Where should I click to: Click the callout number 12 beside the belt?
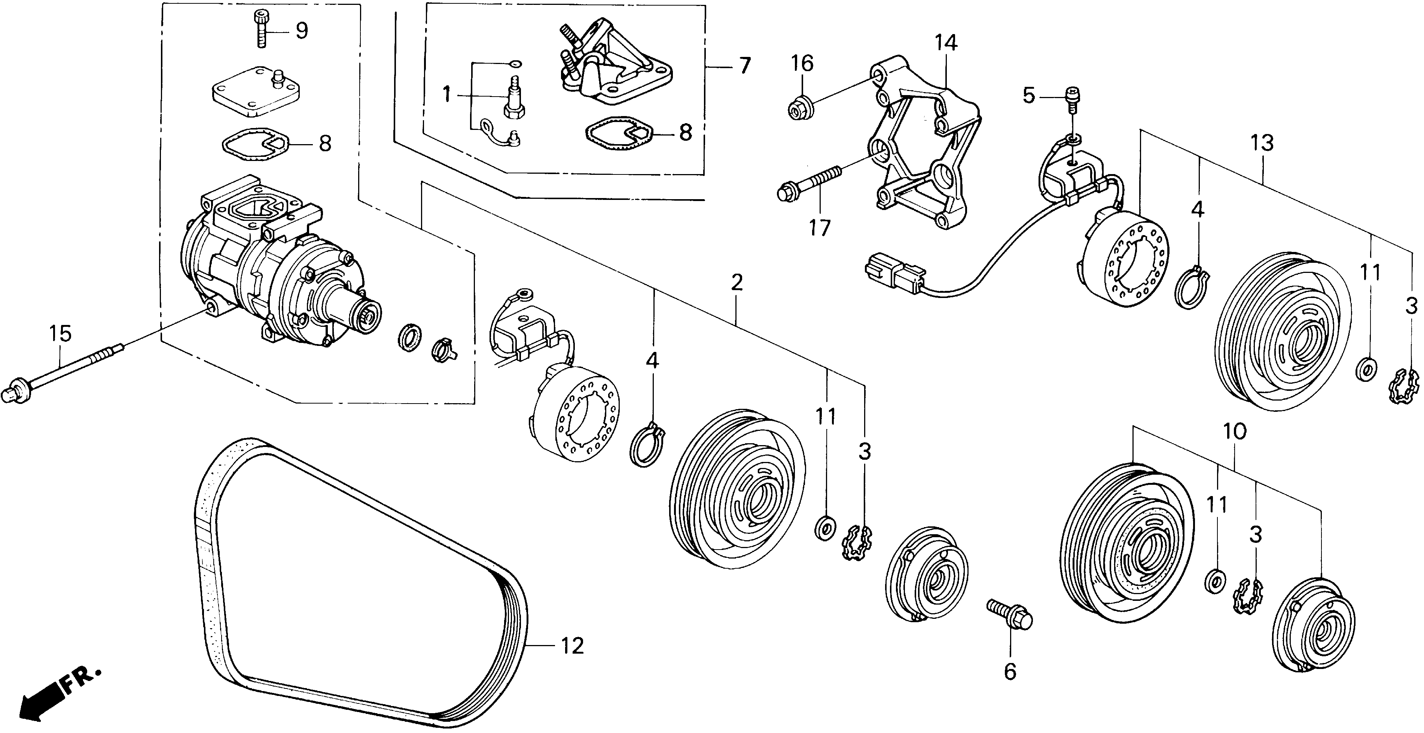572,646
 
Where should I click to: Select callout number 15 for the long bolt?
60,334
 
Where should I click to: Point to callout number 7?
745,66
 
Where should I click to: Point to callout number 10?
1234,431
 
